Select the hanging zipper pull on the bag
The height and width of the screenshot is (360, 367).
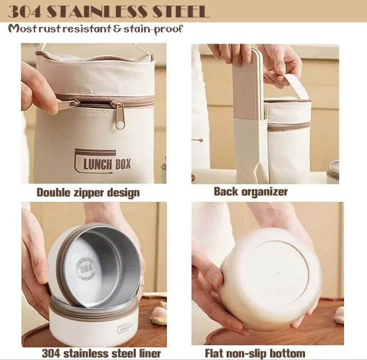pyautogui.click(x=120, y=114)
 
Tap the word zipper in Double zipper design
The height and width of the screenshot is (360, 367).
pyautogui.click(x=89, y=193)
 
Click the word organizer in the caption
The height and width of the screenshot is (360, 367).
pyautogui.click(x=264, y=192)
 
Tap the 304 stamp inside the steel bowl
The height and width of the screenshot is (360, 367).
pyautogui.click(x=85, y=269)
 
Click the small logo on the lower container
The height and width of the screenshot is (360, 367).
pyautogui.click(x=126, y=328)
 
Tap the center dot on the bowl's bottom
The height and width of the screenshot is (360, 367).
pyautogui.click(x=278, y=273)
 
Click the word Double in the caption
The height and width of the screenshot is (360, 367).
pyautogui.click(x=53, y=192)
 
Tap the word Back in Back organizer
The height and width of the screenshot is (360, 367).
pyautogui.click(x=226, y=192)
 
